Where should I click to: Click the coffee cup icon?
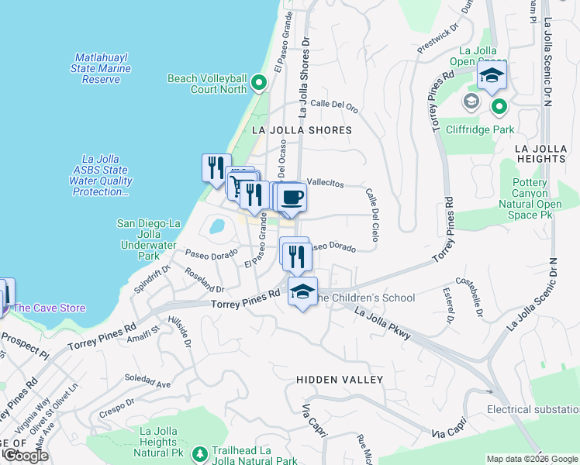click(292, 197)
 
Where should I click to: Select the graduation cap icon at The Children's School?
click(302, 291)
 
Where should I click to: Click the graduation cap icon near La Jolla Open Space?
click(492, 76)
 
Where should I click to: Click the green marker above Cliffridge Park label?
click(499, 106)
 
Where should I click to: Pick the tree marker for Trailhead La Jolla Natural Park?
click(201, 453)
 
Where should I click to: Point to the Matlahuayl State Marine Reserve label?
click(102, 68)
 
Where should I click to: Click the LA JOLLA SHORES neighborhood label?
click(302, 131)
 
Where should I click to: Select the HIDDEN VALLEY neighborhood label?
click(340, 380)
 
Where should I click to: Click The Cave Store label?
click(49, 308)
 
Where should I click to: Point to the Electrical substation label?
click(533, 409)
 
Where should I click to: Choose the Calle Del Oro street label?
click(333, 105)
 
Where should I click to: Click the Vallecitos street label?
click(325, 182)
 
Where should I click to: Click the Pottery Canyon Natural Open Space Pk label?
click(540, 198)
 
